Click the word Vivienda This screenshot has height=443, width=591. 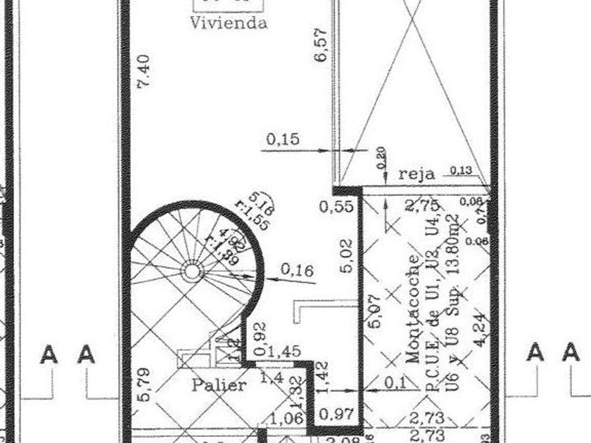[x=229, y=23]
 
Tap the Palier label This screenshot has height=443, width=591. [x=219, y=385]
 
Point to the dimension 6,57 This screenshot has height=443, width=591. [x=322, y=49]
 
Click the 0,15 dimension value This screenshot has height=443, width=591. [x=282, y=139]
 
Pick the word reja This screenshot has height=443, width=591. [x=417, y=174]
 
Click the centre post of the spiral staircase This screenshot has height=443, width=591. [x=191, y=270]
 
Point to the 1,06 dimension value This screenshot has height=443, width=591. [x=285, y=419]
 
